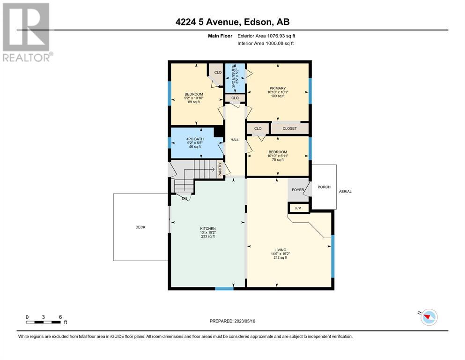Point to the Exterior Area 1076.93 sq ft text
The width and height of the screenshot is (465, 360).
266,36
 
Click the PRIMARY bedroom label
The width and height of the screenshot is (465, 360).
278,88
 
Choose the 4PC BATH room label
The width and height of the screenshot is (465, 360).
195,139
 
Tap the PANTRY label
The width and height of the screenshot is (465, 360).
220,170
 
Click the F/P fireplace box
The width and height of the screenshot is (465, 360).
298,208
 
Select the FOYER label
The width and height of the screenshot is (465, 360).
298,190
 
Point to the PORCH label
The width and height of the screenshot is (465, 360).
324,187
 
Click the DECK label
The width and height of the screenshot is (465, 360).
140,227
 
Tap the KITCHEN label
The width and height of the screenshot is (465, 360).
208,229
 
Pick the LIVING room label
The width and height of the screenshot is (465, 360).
280,250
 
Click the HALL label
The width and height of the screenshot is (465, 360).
235,140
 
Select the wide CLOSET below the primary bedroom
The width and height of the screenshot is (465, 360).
290,128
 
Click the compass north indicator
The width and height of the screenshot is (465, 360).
428,317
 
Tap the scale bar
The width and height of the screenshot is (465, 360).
43,322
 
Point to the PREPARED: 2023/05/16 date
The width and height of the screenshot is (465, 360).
232,321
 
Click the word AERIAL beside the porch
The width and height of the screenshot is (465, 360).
345,191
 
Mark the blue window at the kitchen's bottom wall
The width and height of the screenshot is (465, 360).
224,288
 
